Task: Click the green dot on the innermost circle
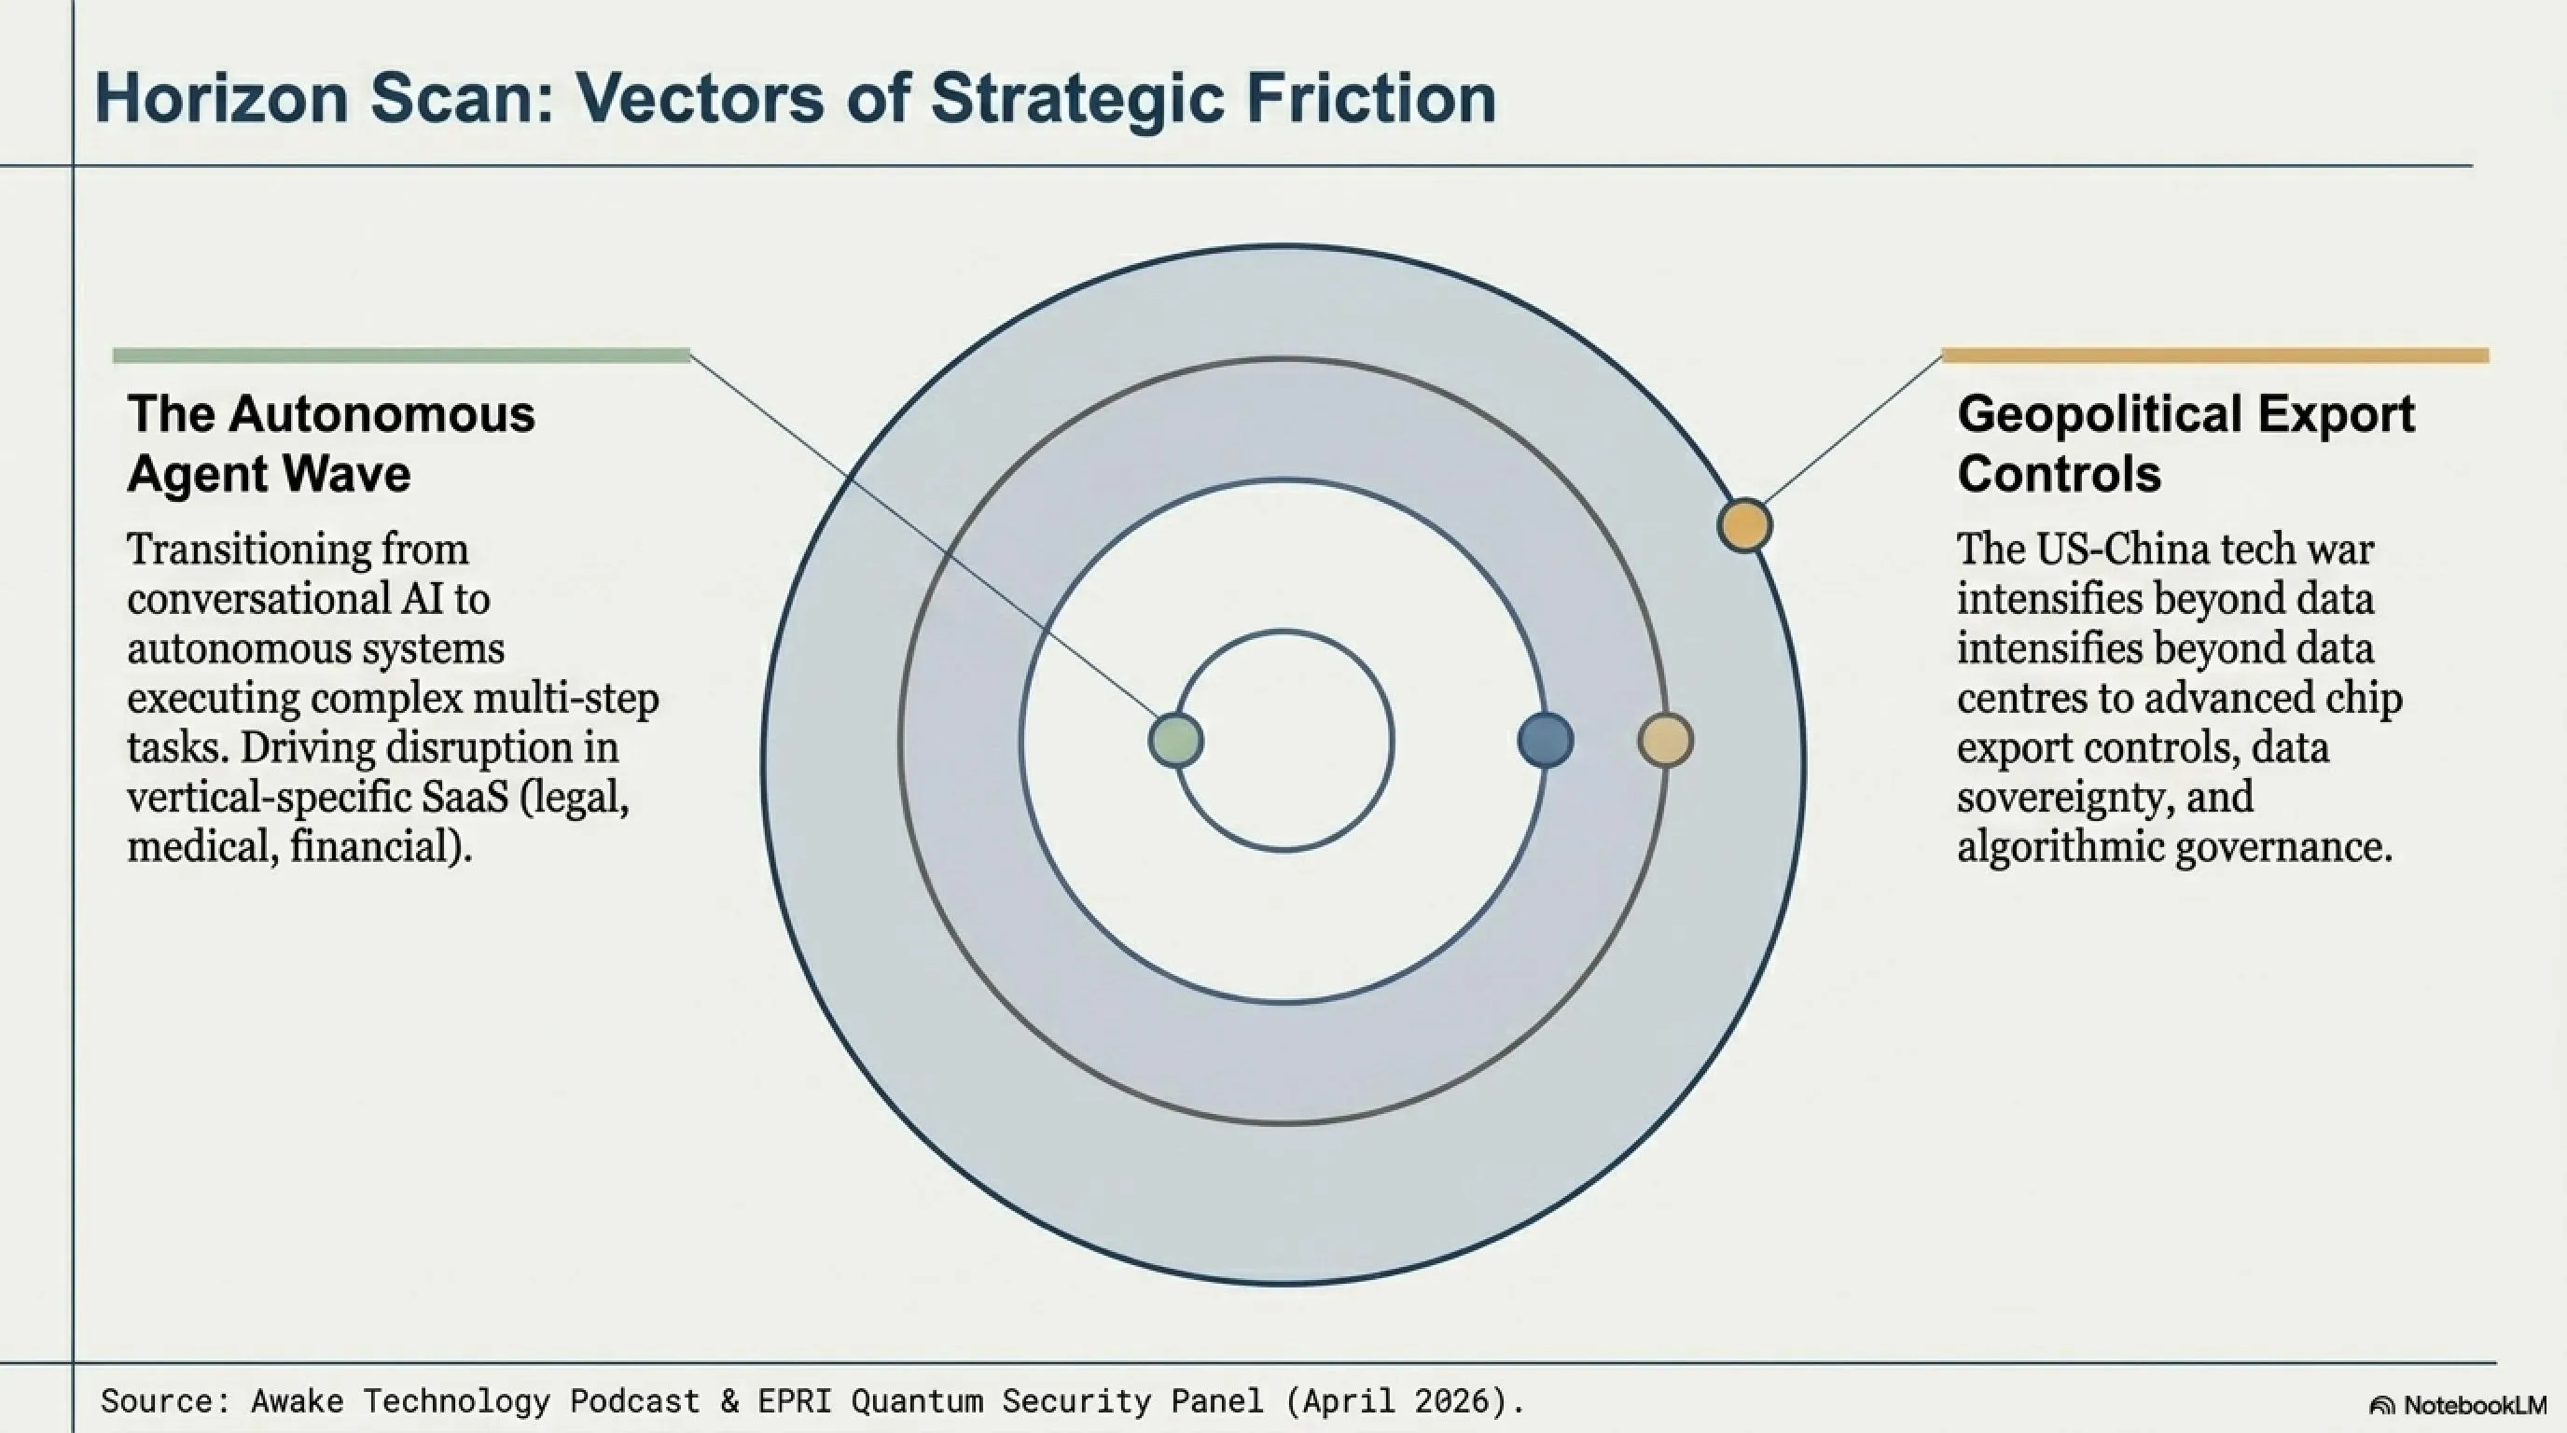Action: tap(1176, 741)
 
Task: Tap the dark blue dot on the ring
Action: tap(1546, 741)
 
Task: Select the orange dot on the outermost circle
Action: tap(1745, 525)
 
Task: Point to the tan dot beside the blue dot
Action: tap(1665, 741)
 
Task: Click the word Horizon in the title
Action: tap(221, 98)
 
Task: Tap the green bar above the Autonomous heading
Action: tap(402, 355)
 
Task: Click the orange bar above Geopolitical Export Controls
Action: tap(2215, 355)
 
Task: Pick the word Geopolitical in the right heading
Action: tap(2092, 414)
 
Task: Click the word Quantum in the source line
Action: tap(917, 1402)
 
